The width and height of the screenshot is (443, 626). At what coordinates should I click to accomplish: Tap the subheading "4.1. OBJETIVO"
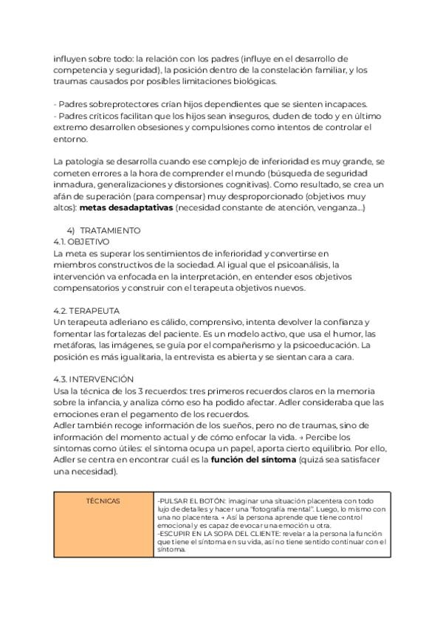coord(81,241)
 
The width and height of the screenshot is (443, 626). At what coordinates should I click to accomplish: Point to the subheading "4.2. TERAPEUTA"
coord(87,311)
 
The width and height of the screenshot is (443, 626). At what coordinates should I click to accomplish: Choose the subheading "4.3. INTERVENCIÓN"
coord(94,379)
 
